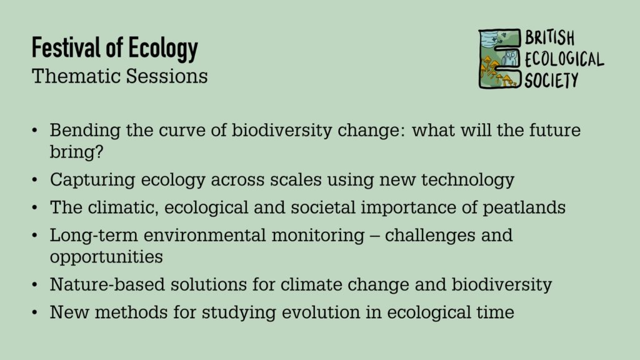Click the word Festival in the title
pos(66,47)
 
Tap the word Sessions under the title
pos(167,76)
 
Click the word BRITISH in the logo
pos(550,37)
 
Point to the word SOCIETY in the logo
pos(551,79)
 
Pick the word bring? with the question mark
pos(77,152)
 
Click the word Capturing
pos(92,180)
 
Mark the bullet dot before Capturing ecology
pos(35,179)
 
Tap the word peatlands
pos(524,207)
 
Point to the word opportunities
pos(106,257)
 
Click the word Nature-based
pos(107,284)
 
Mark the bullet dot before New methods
pos(35,312)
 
